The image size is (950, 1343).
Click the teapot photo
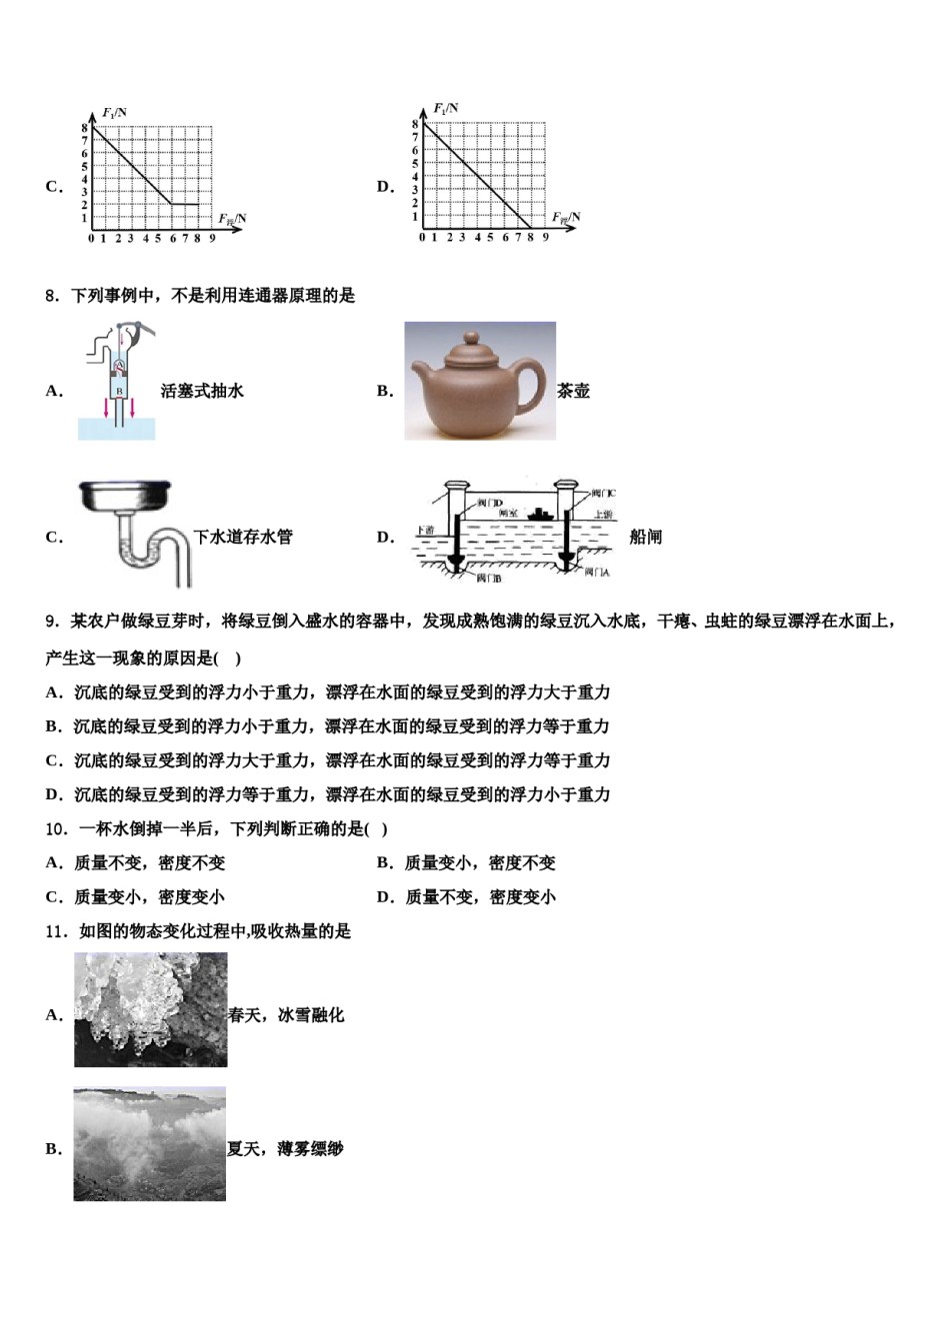pos(480,381)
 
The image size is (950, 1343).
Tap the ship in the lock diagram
pos(541,514)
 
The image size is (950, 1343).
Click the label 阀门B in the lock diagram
pos(488,579)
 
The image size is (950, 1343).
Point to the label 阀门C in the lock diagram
pos(602,494)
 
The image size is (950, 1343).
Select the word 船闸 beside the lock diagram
pos(646,537)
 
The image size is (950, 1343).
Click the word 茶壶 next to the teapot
pos(573,391)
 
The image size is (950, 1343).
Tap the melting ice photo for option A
pos(150,1009)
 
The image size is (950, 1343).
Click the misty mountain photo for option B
pos(149,1144)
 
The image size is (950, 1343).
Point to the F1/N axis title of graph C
pos(114,112)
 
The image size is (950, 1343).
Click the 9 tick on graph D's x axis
pos(546,238)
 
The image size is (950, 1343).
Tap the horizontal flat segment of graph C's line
pos(185,205)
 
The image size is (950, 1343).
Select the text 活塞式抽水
pos(202,391)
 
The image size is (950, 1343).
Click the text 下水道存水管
pos(243,537)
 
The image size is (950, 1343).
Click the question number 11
pos(56,931)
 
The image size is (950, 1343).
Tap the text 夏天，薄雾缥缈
pos(285,1149)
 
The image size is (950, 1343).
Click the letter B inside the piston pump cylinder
pos(119,391)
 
